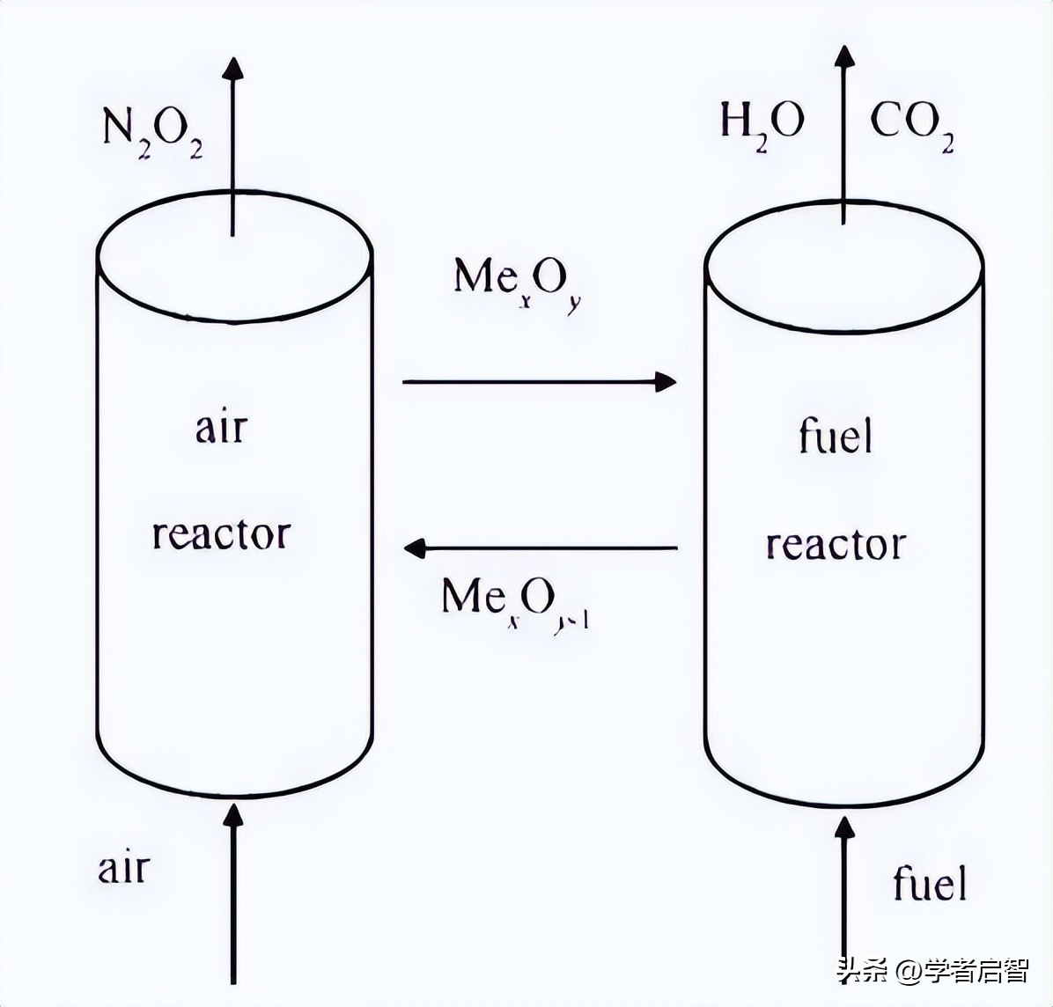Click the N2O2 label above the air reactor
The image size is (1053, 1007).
tap(152, 133)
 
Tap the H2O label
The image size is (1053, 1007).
tap(762, 124)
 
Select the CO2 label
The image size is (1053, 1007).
tap(912, 124)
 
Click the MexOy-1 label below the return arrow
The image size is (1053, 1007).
tap(516, 602)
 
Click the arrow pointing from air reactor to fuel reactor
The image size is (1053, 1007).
tap(538, 382)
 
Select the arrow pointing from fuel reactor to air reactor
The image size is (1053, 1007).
tap(540, 548)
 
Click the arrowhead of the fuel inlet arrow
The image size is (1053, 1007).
tap(843, 827)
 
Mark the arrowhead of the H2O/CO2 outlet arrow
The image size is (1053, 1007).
tap(843, 58)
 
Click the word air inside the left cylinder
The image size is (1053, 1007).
tap(221, 429)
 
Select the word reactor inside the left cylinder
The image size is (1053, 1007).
tap(221, 534)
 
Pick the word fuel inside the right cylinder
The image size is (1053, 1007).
tap(835, 436)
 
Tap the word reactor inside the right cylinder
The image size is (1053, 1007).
tap(835, 545)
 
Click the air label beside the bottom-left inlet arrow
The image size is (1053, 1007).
tap(124, 868)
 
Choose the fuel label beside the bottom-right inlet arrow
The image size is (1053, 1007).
tap(930, 882)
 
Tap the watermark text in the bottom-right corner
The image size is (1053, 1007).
tap(932, 971)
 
